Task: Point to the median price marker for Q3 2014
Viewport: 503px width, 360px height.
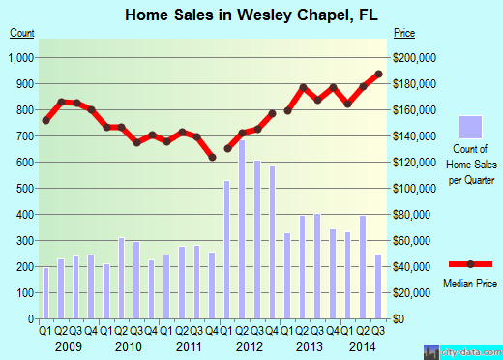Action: pos(378,75)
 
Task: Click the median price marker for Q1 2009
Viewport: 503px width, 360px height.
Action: pos(45,120)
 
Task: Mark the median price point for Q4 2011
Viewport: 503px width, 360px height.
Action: pos(212,157)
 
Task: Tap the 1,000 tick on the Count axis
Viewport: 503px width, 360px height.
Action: pos(22,58)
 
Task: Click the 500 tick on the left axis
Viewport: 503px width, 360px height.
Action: pos(26,188)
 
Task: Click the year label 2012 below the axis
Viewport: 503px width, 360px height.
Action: pos(249,346)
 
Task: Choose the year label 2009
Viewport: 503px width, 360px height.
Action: pos(68,346)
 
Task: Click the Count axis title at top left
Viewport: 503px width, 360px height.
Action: pos(22,34)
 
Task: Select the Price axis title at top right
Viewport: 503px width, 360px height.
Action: pos(403,34)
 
